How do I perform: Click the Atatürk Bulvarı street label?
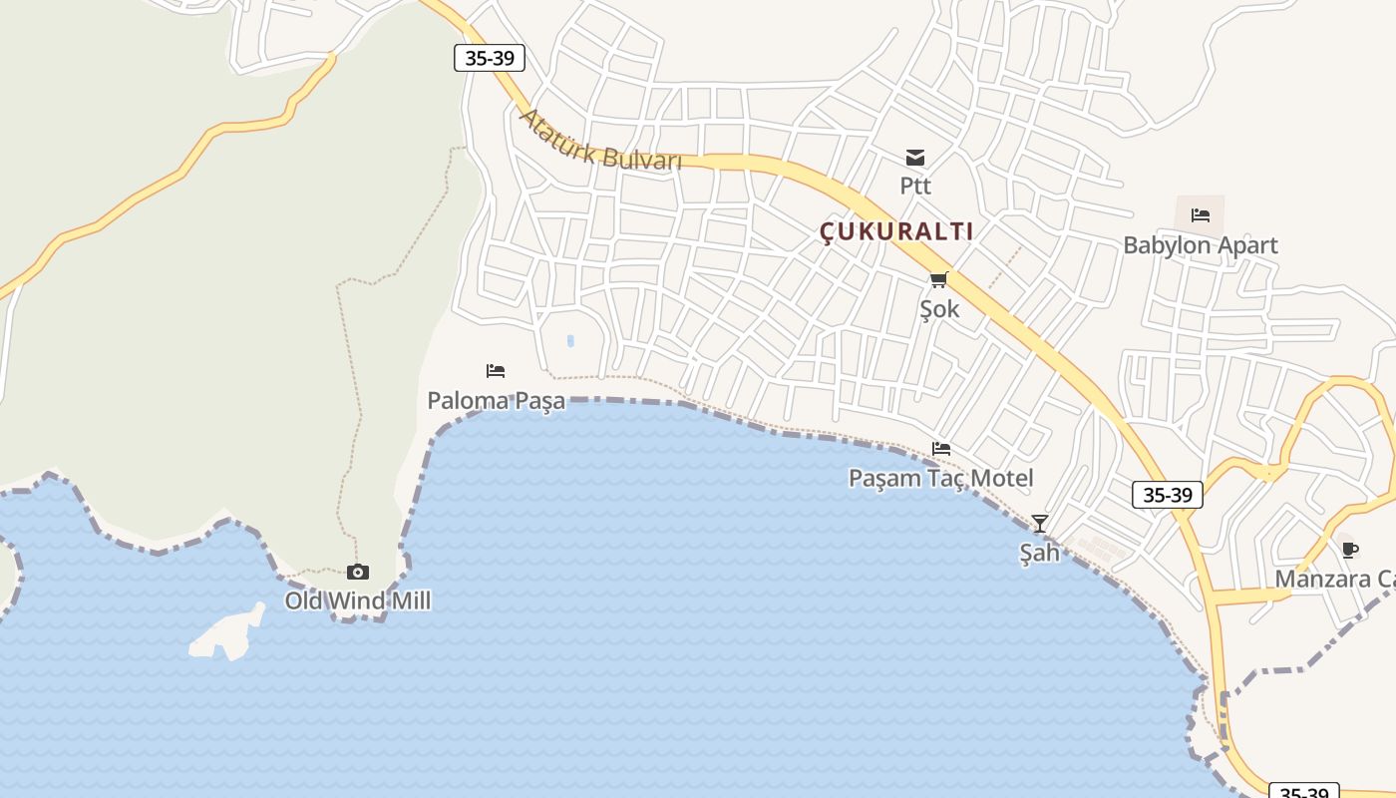tap(600, 140)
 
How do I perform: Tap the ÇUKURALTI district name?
tap(896, 231)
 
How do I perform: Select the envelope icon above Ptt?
tap(915, 157)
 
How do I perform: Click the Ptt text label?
tap(915, 186)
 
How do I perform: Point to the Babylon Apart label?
tap(1200, 245)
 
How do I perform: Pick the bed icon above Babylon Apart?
tap(1200, 214)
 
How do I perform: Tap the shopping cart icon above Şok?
tap(939, 279)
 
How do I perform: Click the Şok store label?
tap(939, 309)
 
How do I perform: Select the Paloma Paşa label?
tap(496, 401)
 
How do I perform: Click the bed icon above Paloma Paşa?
tap(496, 371)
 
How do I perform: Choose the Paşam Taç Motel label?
tap(940, 478)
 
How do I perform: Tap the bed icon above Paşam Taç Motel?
tap(941, 448)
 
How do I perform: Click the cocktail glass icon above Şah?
tap(1040, 523)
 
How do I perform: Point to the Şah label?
tap(1039, 553)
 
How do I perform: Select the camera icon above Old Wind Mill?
tap(358, 572)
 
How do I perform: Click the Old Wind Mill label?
tap(358, 601)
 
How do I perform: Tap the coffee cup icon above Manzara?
tap(1350, 550)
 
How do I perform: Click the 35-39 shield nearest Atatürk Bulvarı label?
tap(490, 58)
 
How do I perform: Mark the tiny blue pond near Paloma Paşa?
tap(570, 341)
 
